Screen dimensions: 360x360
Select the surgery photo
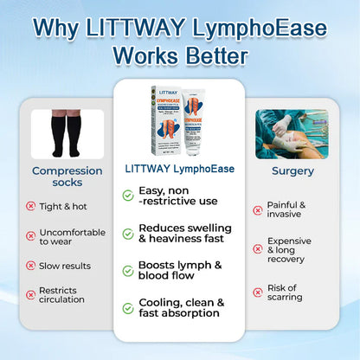pos(292,133)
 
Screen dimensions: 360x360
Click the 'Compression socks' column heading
pos(67,177)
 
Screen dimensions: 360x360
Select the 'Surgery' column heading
pos(292,171)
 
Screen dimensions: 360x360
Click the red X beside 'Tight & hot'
pos(31,206)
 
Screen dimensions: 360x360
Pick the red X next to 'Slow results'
pos(31,266)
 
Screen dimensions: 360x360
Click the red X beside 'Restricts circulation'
pos(31,295)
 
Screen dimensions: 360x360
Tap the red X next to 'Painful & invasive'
pos(257,209)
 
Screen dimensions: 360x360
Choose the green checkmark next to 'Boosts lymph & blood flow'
pos(128,271)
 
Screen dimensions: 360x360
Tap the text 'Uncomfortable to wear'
pos(72,238)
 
